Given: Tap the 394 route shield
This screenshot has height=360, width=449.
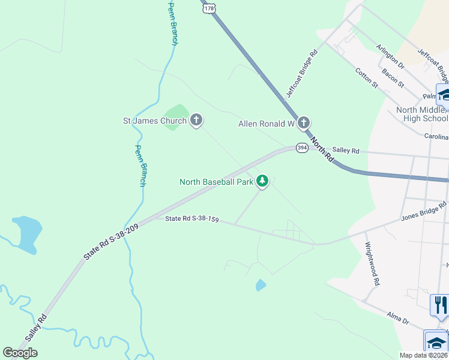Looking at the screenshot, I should [x=302, y=148].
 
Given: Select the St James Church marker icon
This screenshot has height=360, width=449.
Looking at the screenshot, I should [x=196, y=121].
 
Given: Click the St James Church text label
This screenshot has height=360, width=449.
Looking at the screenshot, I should [x=155, y=121].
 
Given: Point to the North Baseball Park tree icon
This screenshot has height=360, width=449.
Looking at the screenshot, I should [x=262, y=181].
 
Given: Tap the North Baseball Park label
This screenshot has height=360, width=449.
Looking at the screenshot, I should [x=217, y=181].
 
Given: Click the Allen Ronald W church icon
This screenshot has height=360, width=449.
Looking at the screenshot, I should [x=304, y=124].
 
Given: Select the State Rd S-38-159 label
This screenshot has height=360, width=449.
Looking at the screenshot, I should [x=191, y=220].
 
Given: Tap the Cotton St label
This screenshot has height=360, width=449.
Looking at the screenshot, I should [x=366, y=78].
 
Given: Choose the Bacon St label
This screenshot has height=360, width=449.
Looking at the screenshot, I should [x=393, y=77].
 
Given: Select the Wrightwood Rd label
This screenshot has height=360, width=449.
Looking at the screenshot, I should [x=373, y=264].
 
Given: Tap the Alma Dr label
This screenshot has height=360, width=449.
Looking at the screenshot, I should [x=398, y=318].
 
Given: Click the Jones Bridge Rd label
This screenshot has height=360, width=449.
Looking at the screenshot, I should [x=424, y=212].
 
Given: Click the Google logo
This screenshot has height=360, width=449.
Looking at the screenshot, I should [x=20, y=353].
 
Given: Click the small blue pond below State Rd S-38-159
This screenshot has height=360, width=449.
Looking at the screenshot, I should [x=261, y=285].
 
